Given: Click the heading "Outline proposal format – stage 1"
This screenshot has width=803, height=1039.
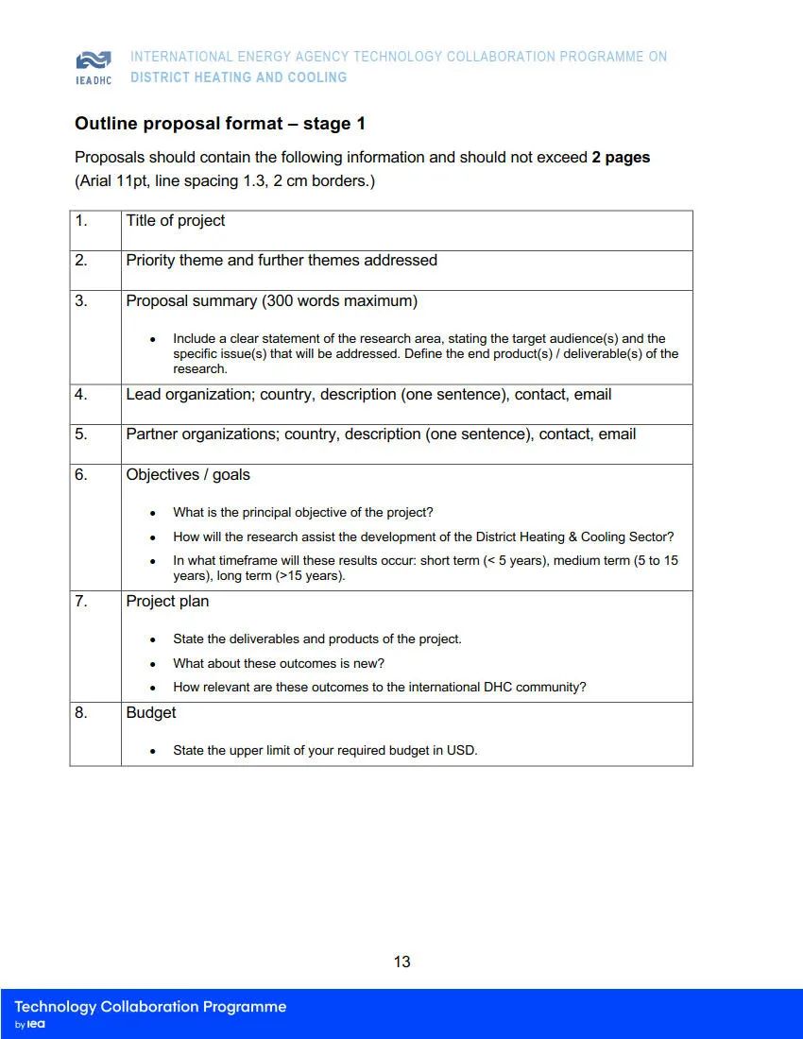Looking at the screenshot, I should pos(219,124).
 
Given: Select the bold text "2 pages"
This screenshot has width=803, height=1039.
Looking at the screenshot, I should pos(621,158).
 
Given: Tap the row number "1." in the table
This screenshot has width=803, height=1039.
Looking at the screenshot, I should pos(81,221).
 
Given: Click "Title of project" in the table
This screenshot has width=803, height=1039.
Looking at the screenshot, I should pos(176,221).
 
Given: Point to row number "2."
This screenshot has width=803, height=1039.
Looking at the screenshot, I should pos(81,261).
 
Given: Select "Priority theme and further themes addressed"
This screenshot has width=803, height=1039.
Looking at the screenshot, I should pos(282,261).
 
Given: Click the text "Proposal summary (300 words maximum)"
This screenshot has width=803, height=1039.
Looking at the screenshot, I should pos(272,301).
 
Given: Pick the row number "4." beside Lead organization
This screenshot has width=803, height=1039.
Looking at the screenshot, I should pos(81,395).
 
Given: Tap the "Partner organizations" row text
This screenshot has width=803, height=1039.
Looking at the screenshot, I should pos(381,434).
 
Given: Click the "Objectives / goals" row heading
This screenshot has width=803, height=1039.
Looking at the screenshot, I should pos(188,475).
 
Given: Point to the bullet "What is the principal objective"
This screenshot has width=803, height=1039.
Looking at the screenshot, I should pos(302,513).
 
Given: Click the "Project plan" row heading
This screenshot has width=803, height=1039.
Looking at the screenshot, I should pos(167,602).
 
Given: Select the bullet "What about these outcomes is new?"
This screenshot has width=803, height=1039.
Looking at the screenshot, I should pos(279,663).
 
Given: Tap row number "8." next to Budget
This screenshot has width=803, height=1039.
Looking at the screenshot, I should pos(81,713).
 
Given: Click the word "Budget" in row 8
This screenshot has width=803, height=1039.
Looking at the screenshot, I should pos(151,713).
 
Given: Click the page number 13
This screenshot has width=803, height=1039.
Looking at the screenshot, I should pos(401,962).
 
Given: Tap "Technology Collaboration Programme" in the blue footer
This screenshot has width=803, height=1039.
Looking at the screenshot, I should pos(150,1007).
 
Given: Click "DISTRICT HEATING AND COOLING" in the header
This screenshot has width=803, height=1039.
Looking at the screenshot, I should pos(238,77).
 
